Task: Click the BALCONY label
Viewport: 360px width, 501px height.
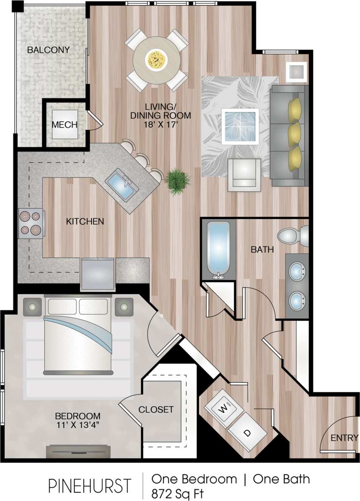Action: point(48,50)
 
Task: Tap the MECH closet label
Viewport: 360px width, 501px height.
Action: point(65,125)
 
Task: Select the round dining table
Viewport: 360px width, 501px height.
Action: point(156,60)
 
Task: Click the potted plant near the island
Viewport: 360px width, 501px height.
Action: point(176,180)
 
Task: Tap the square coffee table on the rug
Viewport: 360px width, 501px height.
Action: point(240,126)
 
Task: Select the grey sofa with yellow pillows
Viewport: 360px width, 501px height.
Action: point(289,135)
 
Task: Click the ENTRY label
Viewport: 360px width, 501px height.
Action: point(344,438)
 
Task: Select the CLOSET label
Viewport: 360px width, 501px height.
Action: point(156,409)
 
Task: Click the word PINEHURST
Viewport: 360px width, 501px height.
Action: point(89,485)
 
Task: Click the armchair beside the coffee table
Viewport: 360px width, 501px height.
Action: point(244,175)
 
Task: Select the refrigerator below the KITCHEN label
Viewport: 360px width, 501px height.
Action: point(98,274)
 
